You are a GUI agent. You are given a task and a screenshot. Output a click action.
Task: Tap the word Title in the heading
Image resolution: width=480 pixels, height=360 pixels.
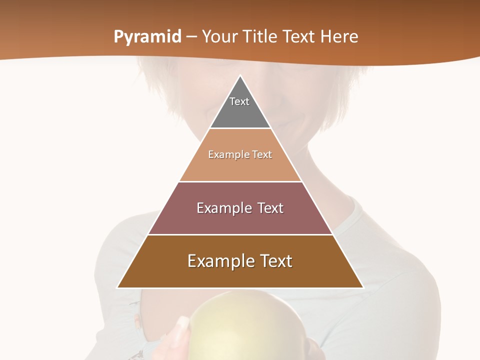coord(262,37)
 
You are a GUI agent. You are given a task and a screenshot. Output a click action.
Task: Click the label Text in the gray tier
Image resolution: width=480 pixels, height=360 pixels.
coord(239,101)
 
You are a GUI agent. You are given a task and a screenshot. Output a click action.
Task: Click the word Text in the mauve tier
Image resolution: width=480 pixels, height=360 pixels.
coord(267,208)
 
